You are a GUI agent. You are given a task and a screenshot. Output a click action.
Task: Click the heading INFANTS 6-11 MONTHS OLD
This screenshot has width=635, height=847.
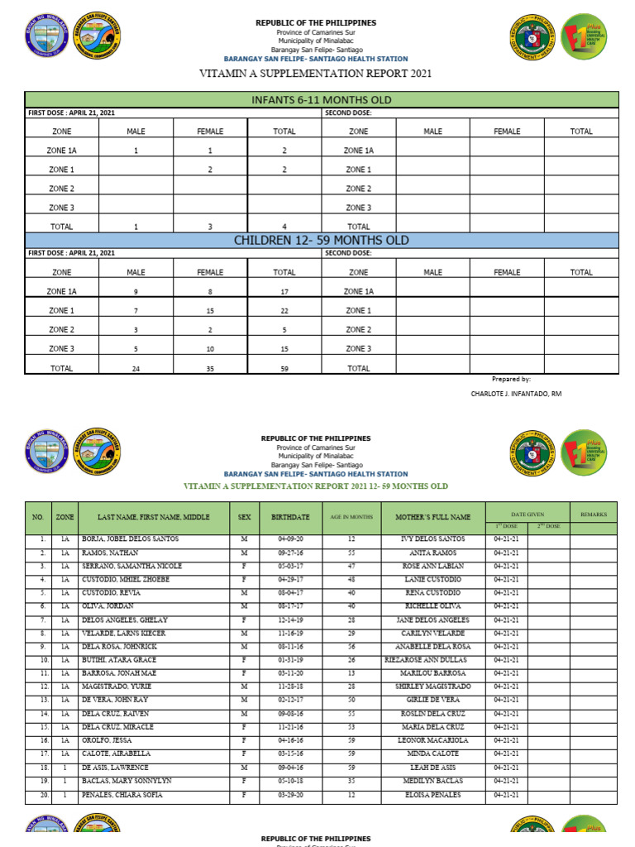click(321, 100)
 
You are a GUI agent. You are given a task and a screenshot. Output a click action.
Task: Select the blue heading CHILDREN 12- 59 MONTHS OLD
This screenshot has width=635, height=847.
click(321, 240)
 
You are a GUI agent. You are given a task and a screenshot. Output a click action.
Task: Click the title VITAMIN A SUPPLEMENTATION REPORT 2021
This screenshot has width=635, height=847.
click(315, 74)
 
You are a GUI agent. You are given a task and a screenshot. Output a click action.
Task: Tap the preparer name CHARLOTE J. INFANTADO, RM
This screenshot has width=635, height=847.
click(516, 394)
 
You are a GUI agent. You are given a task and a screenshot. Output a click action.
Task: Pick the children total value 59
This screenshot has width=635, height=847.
click(284, 369)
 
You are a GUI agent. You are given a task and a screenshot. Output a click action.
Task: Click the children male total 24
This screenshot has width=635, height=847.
click(136, 369)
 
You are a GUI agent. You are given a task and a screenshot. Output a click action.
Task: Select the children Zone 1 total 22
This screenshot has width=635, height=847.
click(284, 311)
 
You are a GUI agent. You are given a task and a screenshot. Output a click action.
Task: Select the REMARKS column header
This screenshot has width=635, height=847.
click(593, 514)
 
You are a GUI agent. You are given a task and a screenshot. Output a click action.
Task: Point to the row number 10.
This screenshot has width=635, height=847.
click(37, 660)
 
